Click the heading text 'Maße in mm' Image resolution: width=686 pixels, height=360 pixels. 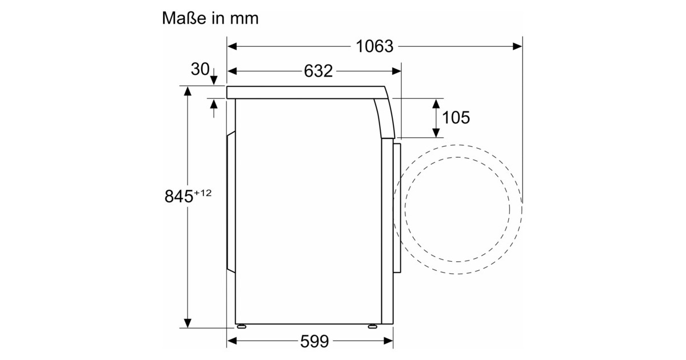(x=210, y=18)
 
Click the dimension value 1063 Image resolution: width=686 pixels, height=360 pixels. (x=374, y=46)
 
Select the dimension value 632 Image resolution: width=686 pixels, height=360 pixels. (x=318, y=71)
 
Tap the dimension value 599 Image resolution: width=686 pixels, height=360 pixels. (x=314, y=341)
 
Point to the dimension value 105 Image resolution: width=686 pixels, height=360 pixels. (x=456, y=118)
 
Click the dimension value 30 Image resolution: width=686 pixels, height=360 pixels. (x=200, y=69)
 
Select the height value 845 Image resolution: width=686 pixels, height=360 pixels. (x=179, y=196)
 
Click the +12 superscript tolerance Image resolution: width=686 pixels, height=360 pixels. (x=203, y=193)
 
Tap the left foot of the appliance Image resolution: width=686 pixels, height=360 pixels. (x=241, y=326)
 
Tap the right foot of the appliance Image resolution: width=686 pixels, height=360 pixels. (x=372, y=326)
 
